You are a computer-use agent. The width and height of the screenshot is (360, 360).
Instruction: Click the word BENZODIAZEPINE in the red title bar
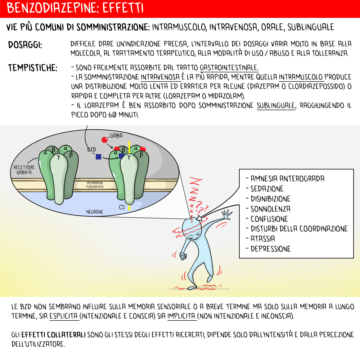click(x=50, y=8)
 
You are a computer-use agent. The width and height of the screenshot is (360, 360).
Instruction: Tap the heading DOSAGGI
click(x=25, y=46)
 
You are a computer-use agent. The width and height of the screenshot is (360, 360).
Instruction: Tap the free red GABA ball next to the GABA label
click(x=104, y=140)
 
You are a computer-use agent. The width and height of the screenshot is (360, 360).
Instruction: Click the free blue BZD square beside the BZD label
click(x=98, y=157)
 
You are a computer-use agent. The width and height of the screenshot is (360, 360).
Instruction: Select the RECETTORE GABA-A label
click(x=24, y=170)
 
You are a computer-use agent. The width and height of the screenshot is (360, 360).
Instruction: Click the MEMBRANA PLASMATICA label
click(x=95, y=185)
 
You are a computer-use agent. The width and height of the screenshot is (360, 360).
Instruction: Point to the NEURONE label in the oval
click(x=94, y=212)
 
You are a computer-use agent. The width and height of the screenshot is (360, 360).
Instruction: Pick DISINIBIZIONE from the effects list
click(x=270, y=199)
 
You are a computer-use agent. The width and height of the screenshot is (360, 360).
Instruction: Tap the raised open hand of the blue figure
click(x=227, y=215)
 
